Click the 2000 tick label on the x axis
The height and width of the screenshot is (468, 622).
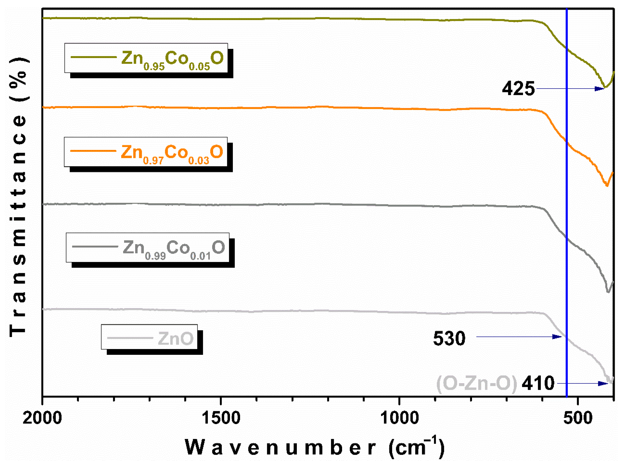point(42,418)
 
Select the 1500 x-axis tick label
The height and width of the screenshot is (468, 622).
point(221,418)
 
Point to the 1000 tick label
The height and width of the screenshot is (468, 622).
point(399,418)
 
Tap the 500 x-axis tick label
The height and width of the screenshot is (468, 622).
point(578,418)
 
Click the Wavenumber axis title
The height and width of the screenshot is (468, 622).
point(314,447)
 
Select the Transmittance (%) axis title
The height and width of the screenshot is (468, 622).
point(18,197)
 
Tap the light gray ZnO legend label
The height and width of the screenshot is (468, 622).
point(175,338)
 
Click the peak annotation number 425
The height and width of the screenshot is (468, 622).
point(518,89)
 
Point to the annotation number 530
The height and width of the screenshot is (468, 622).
point(449,338)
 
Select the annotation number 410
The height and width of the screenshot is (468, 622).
point(538,383)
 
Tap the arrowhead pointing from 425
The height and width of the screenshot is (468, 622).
point(600,89)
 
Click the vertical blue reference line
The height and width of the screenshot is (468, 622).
point(567,197)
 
